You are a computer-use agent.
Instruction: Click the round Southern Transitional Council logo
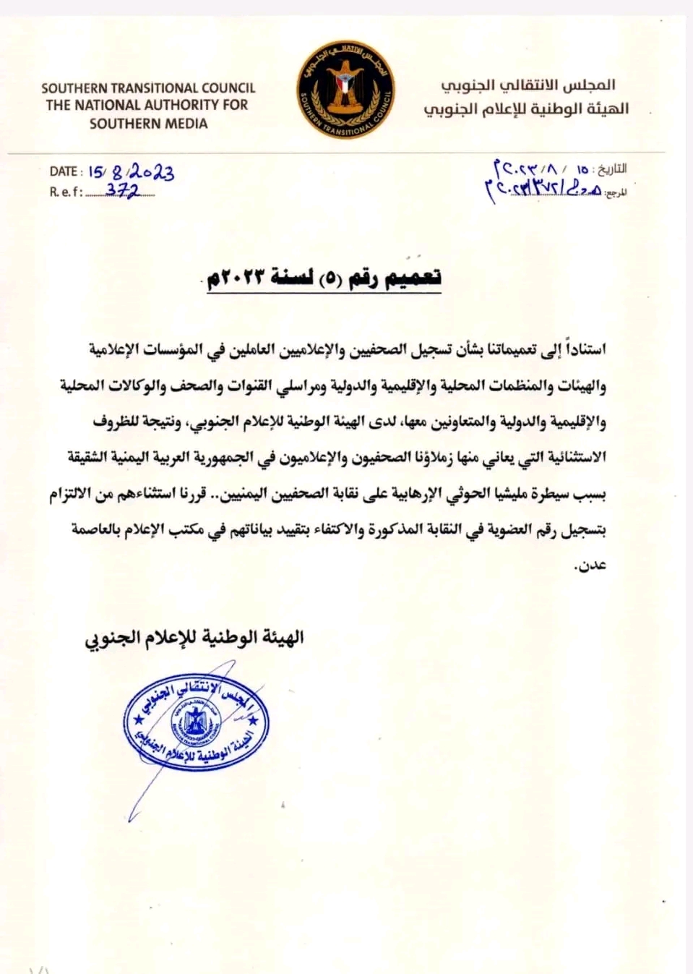click(x=345, y=90)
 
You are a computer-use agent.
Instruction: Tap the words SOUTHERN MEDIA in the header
click(x=148, y=124)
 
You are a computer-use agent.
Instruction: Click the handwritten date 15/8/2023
click(x=131, y=172)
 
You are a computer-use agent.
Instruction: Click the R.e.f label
click(x=66, y=192)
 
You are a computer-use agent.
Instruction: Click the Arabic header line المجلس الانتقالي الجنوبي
click(x=528, y=85)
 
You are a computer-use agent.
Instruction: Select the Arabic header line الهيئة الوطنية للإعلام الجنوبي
click(x=526, y=109)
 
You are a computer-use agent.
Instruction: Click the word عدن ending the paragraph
click(x=590, y=565)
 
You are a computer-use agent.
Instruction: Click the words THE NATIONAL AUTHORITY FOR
click(x=147, y=106)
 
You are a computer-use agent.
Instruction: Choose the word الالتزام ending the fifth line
click(x=76, y=494)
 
